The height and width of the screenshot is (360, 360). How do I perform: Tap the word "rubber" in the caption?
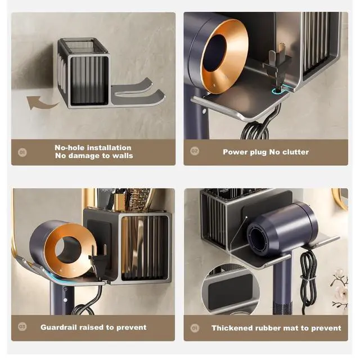(x=267, y=328)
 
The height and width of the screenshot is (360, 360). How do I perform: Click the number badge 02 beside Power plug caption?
(x=195, y=151)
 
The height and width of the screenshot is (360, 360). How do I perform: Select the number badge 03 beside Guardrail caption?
(x=22, y=326)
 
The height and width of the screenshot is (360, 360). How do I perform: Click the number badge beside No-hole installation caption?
(x=22, y=152)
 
